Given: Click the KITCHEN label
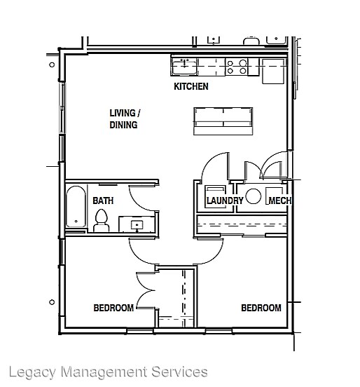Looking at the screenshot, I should point(191,87).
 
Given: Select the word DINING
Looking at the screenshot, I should point(123,125).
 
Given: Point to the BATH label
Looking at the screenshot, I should point(103,201).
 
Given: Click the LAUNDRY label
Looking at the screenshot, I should point(224,201).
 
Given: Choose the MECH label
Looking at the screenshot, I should point(280,201).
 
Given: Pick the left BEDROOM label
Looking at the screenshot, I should point(113,308).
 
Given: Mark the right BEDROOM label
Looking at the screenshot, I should point(261,308).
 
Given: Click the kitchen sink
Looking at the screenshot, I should point(185,67).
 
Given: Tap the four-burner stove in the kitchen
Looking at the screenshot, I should point(237,67).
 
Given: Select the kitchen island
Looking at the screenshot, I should point(223,121).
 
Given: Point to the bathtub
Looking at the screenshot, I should point(75,206).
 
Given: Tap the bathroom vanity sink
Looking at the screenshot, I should point(135,225).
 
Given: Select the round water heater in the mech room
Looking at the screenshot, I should point(254,196).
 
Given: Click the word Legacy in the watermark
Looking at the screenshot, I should point(32,372).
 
